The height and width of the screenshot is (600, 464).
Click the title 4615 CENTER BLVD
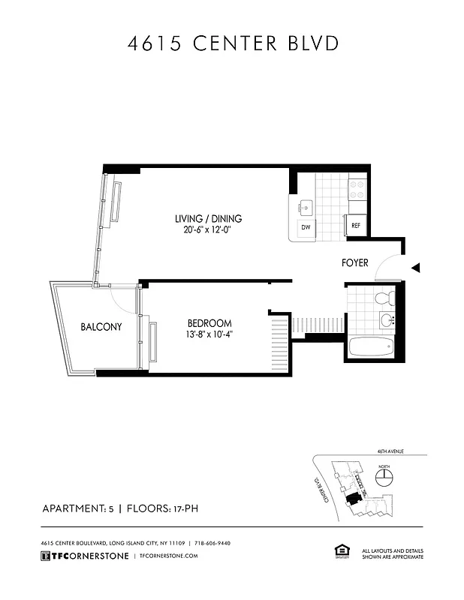pyautogui.click(x=232, y=43)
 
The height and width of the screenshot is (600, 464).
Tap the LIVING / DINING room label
pyautogui.click(x=208, y=218)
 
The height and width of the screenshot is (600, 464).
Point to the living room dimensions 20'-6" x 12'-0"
pyautogui.click(x=208, y=231)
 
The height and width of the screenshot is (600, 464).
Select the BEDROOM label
pyautogui.click(x=209, y=323)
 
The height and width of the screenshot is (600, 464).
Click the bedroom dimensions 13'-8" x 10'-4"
pyautogui.click(x=209, y=335)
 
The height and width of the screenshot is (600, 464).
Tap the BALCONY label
pyautogui.click(x=101, y=327)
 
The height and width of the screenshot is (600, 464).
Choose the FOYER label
pyautogui.click(x=354, y=263)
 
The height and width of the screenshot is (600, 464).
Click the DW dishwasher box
pyautogui.click(x=306, y=226)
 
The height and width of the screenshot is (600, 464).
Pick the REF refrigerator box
pyautogui.click(x=356, y=225)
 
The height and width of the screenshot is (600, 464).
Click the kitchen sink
pyautogui.click(x=306, y=205)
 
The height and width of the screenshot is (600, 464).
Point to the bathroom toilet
pyautogui.click(x=385, y=299)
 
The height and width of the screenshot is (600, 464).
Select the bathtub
pyautogui.click(x=372, y=347)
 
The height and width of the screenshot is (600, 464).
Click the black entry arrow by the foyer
pyautogui.click(x=415, y=268)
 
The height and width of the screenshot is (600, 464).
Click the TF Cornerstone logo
pyautogui.click(x=83, y=556)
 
